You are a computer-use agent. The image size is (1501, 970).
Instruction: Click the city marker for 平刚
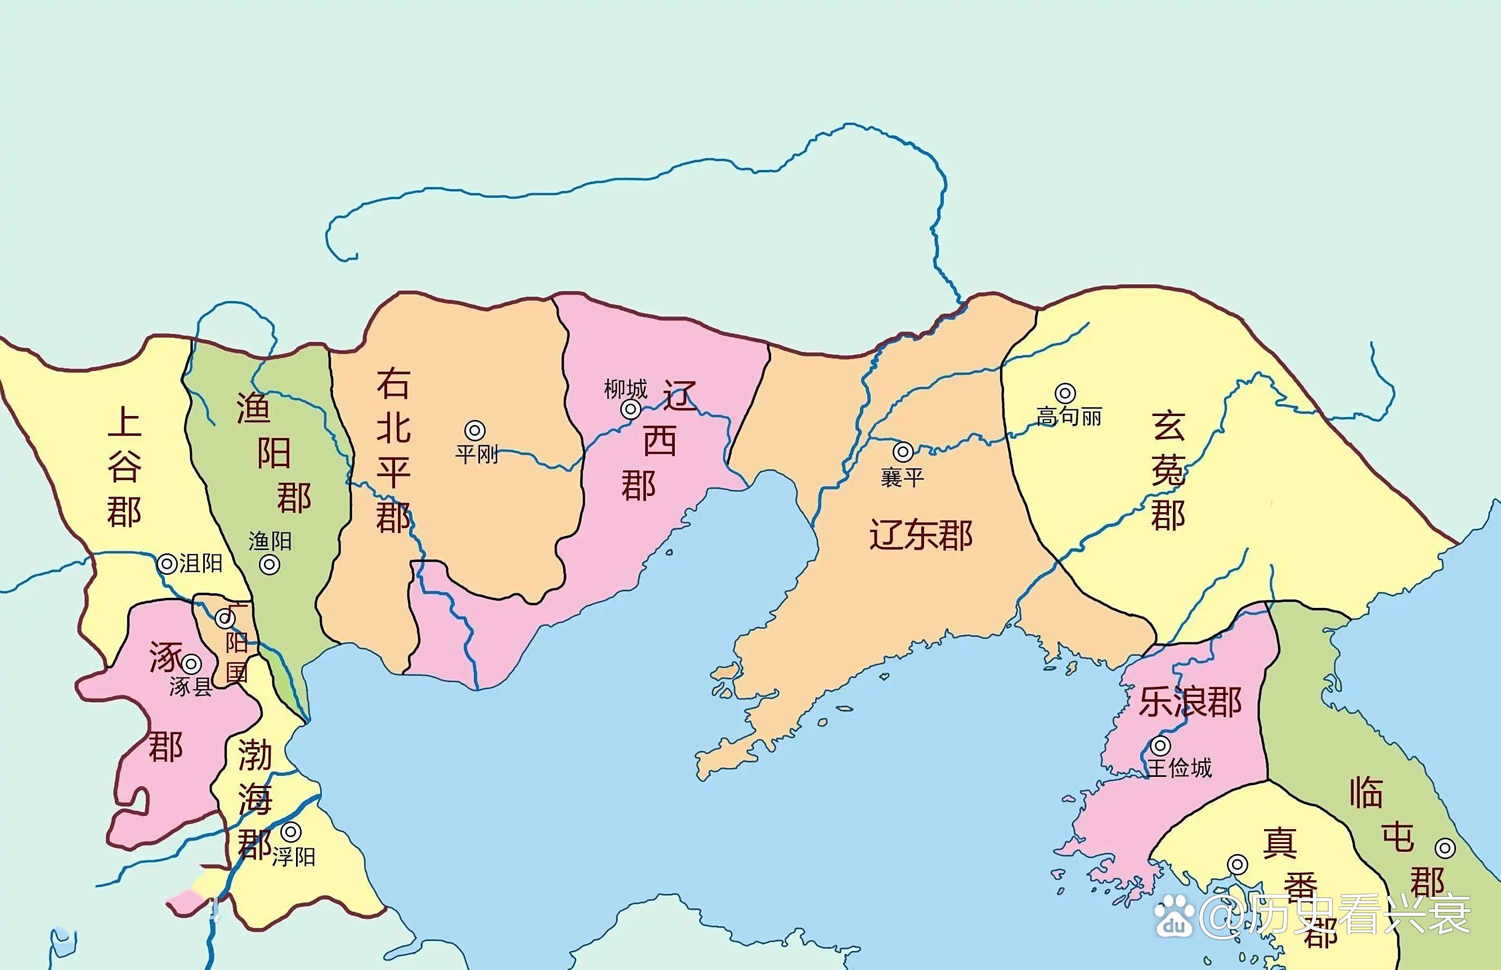(475, 431)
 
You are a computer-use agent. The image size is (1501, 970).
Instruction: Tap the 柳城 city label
(625, 389)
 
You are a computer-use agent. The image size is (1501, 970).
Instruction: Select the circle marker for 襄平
(903, 452)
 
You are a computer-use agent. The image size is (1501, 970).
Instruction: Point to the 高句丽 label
(1069, 417)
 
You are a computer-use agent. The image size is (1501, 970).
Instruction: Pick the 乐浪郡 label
(1190, 702)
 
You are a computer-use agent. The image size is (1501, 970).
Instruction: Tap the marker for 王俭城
(1161, 747)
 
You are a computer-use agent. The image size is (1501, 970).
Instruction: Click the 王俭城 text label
(1179, 768)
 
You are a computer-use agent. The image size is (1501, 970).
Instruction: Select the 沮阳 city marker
(167, 564)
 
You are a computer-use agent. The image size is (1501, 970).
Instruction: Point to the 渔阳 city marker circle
(270, 565)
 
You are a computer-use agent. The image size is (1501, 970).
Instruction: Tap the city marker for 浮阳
(290, 832)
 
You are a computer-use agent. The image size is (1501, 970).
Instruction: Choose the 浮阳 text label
(293, 857)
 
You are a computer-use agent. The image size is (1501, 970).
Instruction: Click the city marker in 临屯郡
(1445, 848)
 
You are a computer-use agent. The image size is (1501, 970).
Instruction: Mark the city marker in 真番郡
(1237, 865)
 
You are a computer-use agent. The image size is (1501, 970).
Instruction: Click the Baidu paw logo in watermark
(1173, 915)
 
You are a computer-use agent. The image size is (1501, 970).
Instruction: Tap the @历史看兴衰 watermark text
(1335, 915)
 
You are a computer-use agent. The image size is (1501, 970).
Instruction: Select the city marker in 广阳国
(225, 619)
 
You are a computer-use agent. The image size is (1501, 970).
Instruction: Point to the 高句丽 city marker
(1065, 394)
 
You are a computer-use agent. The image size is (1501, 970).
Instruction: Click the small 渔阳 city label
(270, 541)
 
